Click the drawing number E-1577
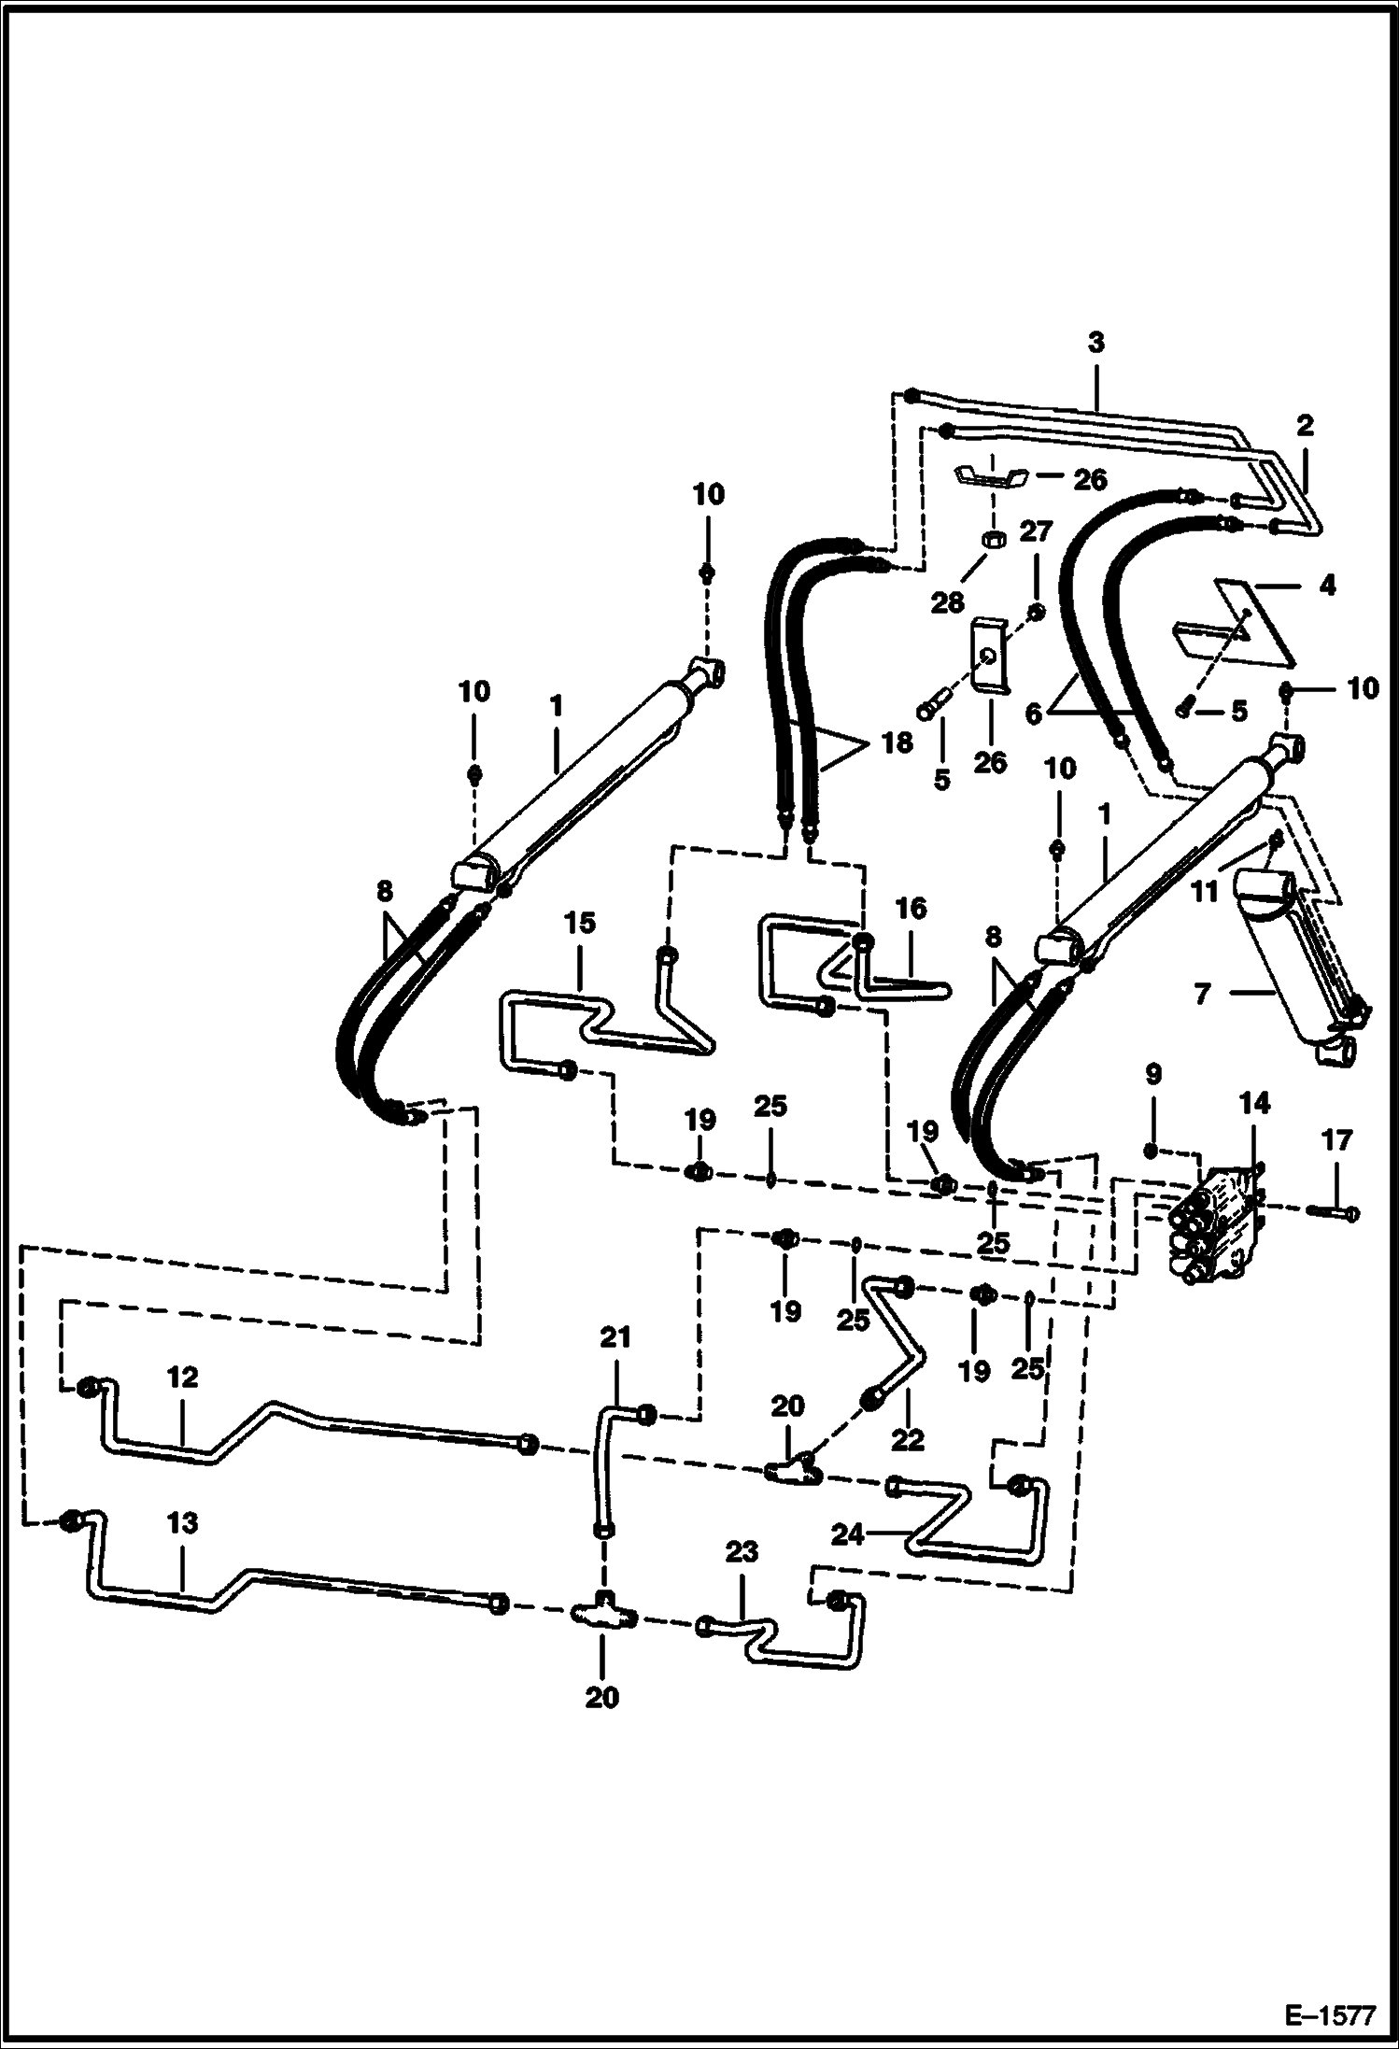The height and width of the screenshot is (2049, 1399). (1331, 2014)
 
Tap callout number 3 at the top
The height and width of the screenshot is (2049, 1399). (1095, 342)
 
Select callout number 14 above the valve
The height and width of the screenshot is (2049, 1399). (1254, 1103)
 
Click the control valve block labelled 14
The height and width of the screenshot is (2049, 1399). (1218, 1222)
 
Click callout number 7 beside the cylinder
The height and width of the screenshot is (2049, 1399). (1203, 995)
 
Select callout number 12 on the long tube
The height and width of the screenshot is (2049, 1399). (182, 1377)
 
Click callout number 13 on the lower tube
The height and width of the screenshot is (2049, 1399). (182, 1522)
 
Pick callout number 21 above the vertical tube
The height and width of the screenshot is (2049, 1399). (615, 1337)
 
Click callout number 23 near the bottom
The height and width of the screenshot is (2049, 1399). (742, 1552)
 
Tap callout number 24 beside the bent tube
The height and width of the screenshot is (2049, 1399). (847, 1533)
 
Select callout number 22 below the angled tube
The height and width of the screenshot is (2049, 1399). (907, 1439)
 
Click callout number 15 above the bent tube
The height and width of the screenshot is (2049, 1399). (579, 923)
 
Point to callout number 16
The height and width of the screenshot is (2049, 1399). (911, 908)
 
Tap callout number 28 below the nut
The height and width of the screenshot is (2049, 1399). (947, 603)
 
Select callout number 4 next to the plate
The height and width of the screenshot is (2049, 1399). (1327, 585)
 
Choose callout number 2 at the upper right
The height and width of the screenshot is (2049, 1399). (1305, 425)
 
